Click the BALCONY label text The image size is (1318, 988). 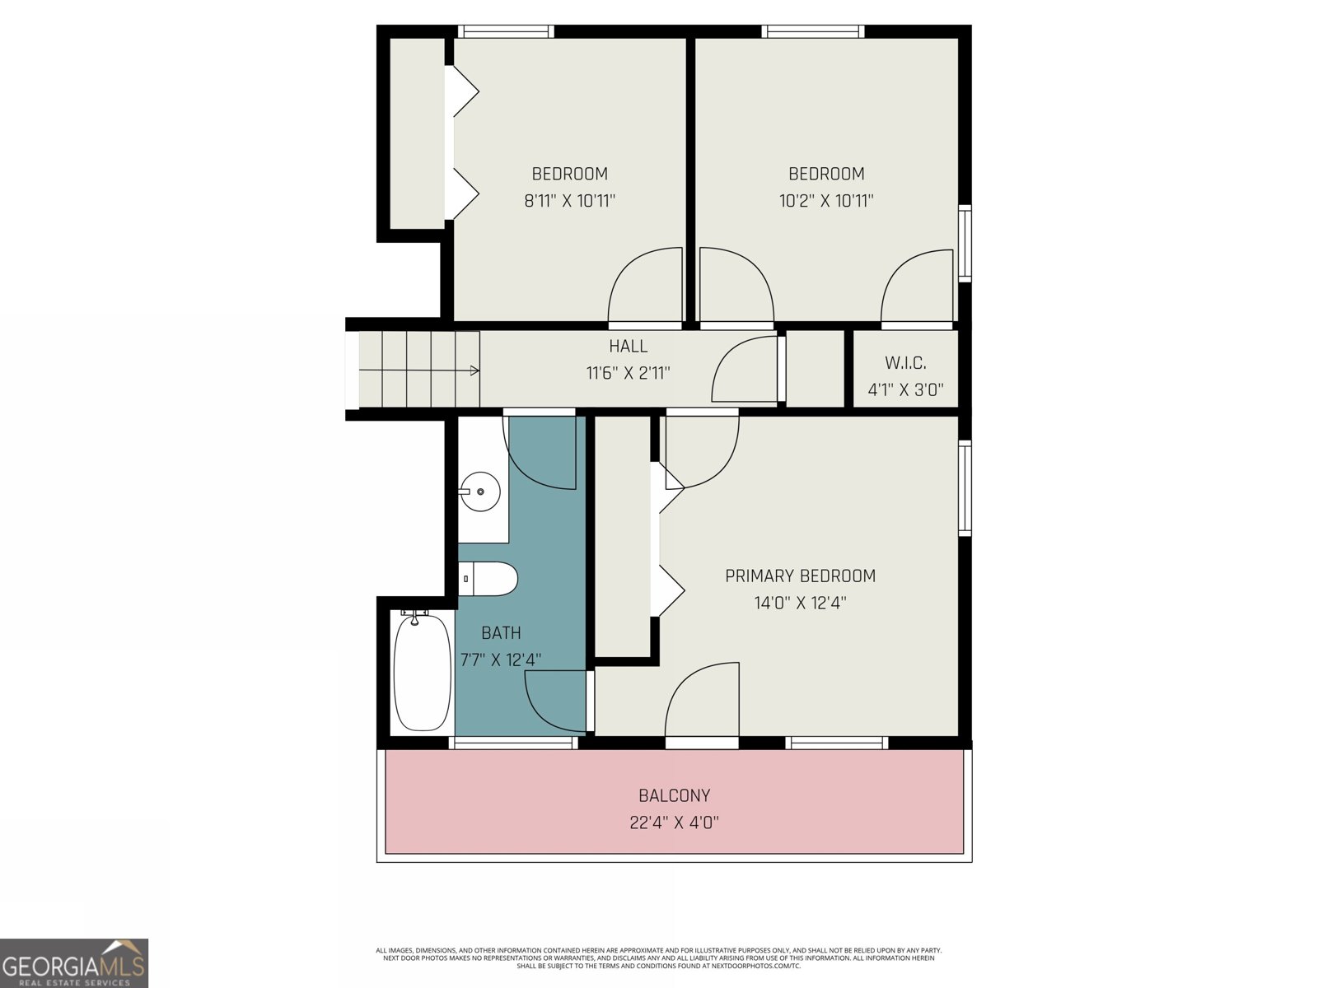coord(674,795)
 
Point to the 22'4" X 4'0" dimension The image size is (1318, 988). coord(674,822)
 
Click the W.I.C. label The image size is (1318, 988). coord(905,363)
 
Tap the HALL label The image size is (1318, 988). coord(628,347)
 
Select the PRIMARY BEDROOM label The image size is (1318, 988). coord(800,576)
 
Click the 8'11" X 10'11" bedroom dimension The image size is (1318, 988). coord(570,200)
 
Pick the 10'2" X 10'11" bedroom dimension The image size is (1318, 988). coord(826,200)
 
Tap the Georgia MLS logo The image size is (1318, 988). coord(74,962)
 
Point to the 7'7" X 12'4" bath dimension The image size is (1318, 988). coord(500,659)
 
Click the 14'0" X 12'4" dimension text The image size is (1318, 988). coord(800,603)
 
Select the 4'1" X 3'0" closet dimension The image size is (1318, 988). coord(905,389)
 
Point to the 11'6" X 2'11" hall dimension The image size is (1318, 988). coord(628,373)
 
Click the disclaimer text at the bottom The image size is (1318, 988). coord(659,958)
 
